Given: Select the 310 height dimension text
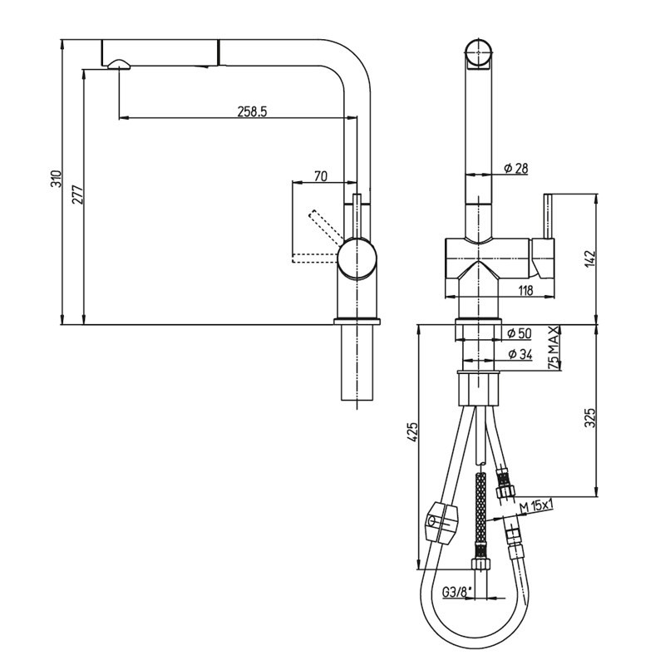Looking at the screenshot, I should [x=56, y=181].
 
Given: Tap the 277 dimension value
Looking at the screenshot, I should [x=76, y=195].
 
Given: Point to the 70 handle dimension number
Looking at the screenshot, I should [x=321, y=175].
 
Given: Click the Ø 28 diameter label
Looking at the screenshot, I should [x=515, y=169].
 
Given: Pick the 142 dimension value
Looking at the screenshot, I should [x=590, y=259].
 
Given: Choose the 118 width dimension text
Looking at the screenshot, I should [x=525, y=290].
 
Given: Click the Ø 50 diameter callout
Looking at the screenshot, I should [x=519, y=333].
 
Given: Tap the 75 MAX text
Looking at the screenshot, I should [x=554, y=348].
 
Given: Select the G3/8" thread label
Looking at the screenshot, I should [x=457, y=592].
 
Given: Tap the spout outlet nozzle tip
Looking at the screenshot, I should [x=116, y=64].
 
